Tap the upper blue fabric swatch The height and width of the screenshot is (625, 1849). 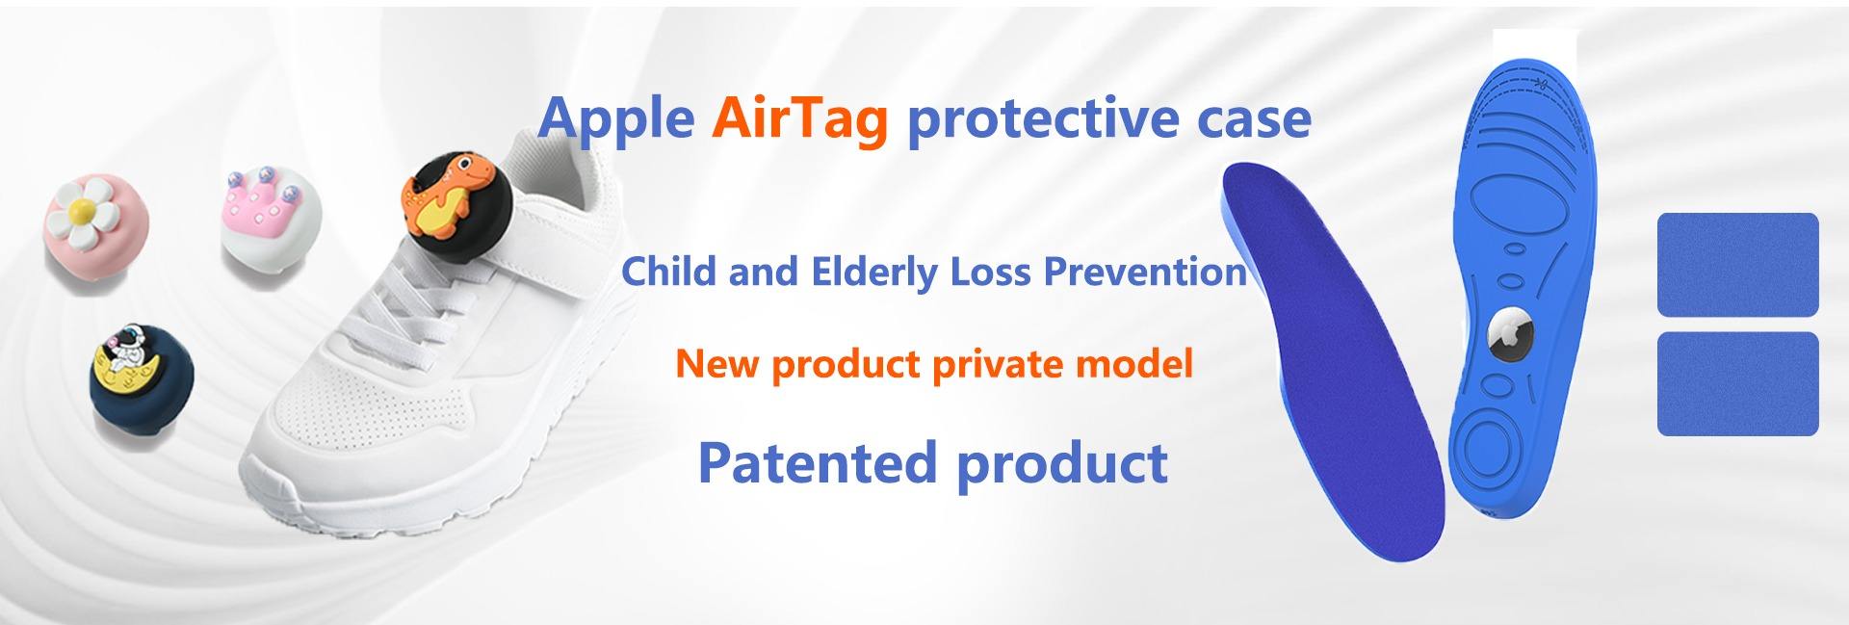(x=1737, y=264)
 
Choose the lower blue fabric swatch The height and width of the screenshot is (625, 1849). (x=1737, y=383)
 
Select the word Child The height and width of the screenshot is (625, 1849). (x=669, y=272)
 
